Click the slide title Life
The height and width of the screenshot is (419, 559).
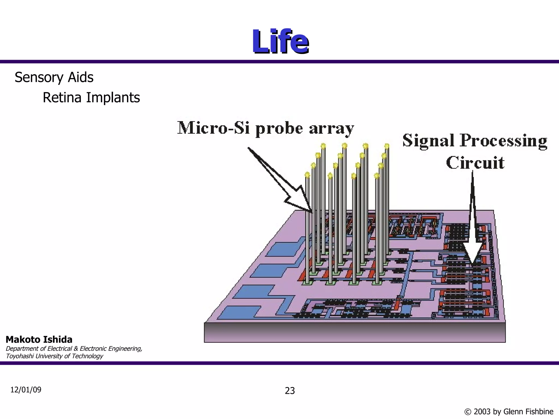pos(280,41)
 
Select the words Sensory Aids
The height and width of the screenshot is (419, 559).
pos(54,77)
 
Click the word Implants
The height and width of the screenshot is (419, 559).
pos(113,98)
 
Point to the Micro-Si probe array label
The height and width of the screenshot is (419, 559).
pos(266,128)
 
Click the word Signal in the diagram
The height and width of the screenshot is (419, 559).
pos(429,141)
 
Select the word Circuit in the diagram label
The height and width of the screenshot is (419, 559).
pos(475,163)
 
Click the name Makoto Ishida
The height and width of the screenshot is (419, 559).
pos(39,340)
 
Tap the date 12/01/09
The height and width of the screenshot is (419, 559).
pos(26,390)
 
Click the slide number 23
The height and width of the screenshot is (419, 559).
pos(290,391)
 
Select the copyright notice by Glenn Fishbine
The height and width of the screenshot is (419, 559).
pos(509,411)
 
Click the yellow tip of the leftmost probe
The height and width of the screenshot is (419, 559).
pos(307,175)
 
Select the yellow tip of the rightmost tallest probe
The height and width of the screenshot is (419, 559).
pos(387,146)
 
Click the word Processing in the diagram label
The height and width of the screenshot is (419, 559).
pos(504,141)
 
